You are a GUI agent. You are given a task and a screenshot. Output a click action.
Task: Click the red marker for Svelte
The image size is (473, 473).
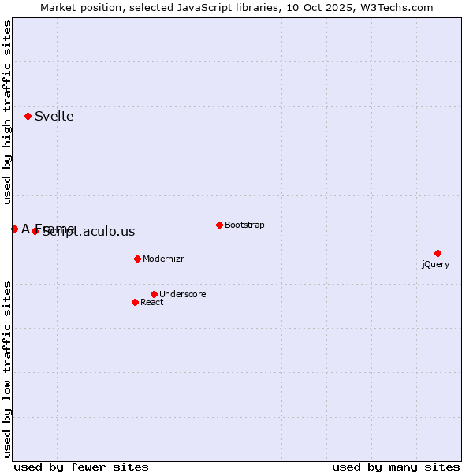28,116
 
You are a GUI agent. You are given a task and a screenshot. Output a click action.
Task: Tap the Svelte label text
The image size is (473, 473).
54,117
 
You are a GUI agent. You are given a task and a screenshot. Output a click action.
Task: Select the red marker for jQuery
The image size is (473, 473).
438,253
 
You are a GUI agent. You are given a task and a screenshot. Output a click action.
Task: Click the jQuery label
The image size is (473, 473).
435,264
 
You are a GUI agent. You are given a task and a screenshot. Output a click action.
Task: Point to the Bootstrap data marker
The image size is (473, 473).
219,225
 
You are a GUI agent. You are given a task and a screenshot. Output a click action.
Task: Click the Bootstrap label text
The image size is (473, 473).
244,225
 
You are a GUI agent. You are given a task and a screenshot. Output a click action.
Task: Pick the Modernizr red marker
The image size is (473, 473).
137,259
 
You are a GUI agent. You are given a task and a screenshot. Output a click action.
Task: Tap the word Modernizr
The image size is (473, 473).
163,259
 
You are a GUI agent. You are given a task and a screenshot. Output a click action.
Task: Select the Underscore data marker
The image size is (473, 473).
154,294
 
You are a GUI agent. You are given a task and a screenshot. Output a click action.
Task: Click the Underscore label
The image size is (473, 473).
182,295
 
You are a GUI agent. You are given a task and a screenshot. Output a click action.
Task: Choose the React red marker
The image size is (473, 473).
135,302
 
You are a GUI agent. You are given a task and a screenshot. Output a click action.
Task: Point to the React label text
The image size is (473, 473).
151,303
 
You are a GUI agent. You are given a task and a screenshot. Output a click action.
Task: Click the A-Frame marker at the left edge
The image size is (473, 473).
14,229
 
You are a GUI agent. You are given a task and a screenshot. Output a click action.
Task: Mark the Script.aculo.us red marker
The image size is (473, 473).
35,231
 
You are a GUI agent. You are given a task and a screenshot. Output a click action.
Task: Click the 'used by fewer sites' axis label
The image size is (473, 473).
81,467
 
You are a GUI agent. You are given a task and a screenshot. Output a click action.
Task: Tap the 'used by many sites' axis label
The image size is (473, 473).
396,467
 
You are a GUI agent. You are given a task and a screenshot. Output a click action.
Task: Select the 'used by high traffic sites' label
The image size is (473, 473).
8,113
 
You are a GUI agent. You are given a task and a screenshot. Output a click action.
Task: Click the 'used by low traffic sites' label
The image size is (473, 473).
8,368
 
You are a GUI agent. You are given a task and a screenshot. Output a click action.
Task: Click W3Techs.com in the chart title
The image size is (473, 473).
396,8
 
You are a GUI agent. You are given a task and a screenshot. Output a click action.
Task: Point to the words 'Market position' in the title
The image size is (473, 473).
75,8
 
